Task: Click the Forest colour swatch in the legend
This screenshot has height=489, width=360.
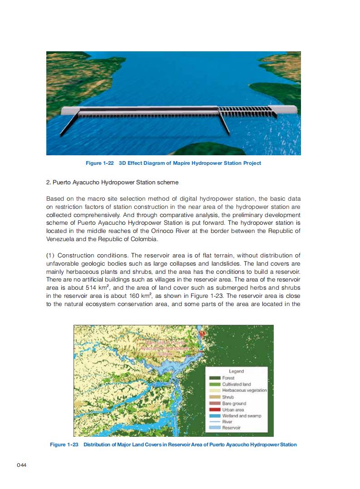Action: click(215, 378)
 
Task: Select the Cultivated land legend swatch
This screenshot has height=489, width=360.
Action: click(215, 385)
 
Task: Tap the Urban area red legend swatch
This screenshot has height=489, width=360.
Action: click(215, 410)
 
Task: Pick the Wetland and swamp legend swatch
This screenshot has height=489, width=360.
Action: click(215, 416)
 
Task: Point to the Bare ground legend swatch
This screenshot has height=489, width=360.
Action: click(215, 403)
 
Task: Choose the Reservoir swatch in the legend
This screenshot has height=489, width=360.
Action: click(215, 428)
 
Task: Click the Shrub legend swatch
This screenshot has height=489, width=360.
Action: click(215, 397)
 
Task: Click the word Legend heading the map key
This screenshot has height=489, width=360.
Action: click(236, 371)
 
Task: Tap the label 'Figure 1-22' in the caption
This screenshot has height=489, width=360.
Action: click(100, 163)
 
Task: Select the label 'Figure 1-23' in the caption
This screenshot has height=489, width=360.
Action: click(64, 445)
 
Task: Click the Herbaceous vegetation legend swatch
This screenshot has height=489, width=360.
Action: click(215, 390)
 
